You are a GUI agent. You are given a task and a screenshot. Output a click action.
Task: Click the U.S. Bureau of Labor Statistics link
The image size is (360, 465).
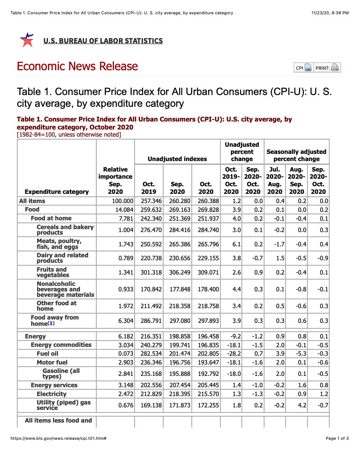pyautogui.click(x=103, y=41)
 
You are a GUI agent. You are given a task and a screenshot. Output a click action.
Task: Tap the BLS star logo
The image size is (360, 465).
pyautogui.click(x=27, y=40)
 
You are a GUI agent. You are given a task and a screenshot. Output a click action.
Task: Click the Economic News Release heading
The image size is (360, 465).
pyautogui.click(x=77, y=66)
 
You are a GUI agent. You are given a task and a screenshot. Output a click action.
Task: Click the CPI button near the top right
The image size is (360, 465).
pyautogui.click(x=303, y=68)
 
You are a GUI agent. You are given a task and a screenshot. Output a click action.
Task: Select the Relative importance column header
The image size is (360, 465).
pyautogui.click(x=115, y=180)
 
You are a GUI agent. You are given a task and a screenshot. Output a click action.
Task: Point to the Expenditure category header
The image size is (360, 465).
pyautogui.click(x=57, y=192)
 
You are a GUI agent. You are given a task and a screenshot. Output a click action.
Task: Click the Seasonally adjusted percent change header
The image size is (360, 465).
pyautogui.click(x=296, y=155)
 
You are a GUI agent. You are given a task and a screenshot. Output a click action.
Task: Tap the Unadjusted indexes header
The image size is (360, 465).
pyautogui.click(x=177, y=159)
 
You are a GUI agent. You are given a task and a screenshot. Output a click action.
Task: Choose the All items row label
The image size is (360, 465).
pyautogui.click(x=32, y=201)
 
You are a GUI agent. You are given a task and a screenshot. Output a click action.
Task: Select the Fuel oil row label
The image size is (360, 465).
pyautogui.click(x=48, y=354)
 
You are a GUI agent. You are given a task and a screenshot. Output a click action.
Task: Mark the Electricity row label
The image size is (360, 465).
pyautogui.click(x=51, y=394)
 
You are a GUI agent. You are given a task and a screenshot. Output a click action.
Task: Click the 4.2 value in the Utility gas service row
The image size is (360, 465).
pyautogui.click(x=302, y=405)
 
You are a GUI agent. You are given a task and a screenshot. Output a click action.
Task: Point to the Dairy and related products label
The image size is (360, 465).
pyautogui.click(x=62, y=258)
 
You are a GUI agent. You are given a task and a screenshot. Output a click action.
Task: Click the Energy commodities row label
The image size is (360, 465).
pyautogui.click(x=61, y=345)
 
